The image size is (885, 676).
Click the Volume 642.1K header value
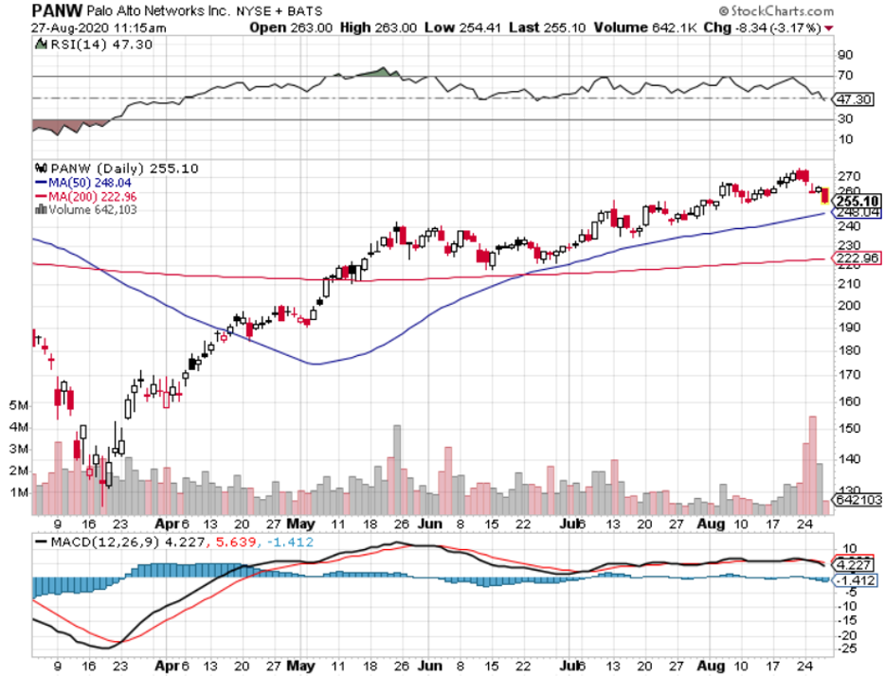[x=632, y=27]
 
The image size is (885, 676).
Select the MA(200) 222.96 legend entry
[x=86, y=196]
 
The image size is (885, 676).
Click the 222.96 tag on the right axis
[x=856, y=258]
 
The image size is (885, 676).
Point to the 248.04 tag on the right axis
[x=856, y=214]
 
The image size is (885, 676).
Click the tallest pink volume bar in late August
[x=811, y=465]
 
